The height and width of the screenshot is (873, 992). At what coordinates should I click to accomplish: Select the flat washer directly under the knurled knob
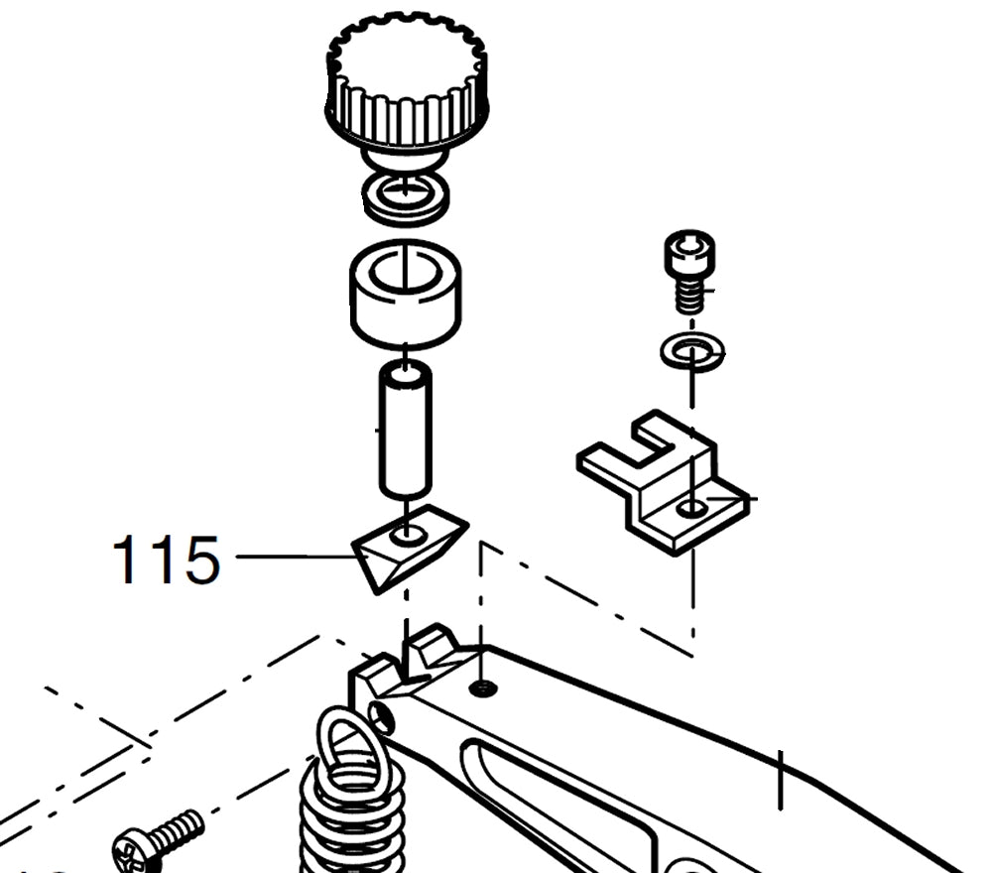coord(405,197)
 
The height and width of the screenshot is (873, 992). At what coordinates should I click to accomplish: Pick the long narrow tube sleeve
coord(405,432)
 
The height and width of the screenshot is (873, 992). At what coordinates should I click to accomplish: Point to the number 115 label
coord(166,561)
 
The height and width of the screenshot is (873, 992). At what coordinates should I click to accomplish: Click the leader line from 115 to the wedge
coord(293,557)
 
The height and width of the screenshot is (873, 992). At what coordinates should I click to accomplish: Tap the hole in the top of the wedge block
coord(408,536)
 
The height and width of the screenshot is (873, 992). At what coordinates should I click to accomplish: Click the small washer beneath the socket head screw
coord(691,351)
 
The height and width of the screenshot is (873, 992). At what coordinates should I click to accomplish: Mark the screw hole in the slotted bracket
coord(692,509)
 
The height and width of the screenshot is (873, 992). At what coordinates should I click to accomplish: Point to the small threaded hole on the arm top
coord(482,687)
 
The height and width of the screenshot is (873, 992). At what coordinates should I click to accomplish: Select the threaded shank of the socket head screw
coord(691,296)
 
